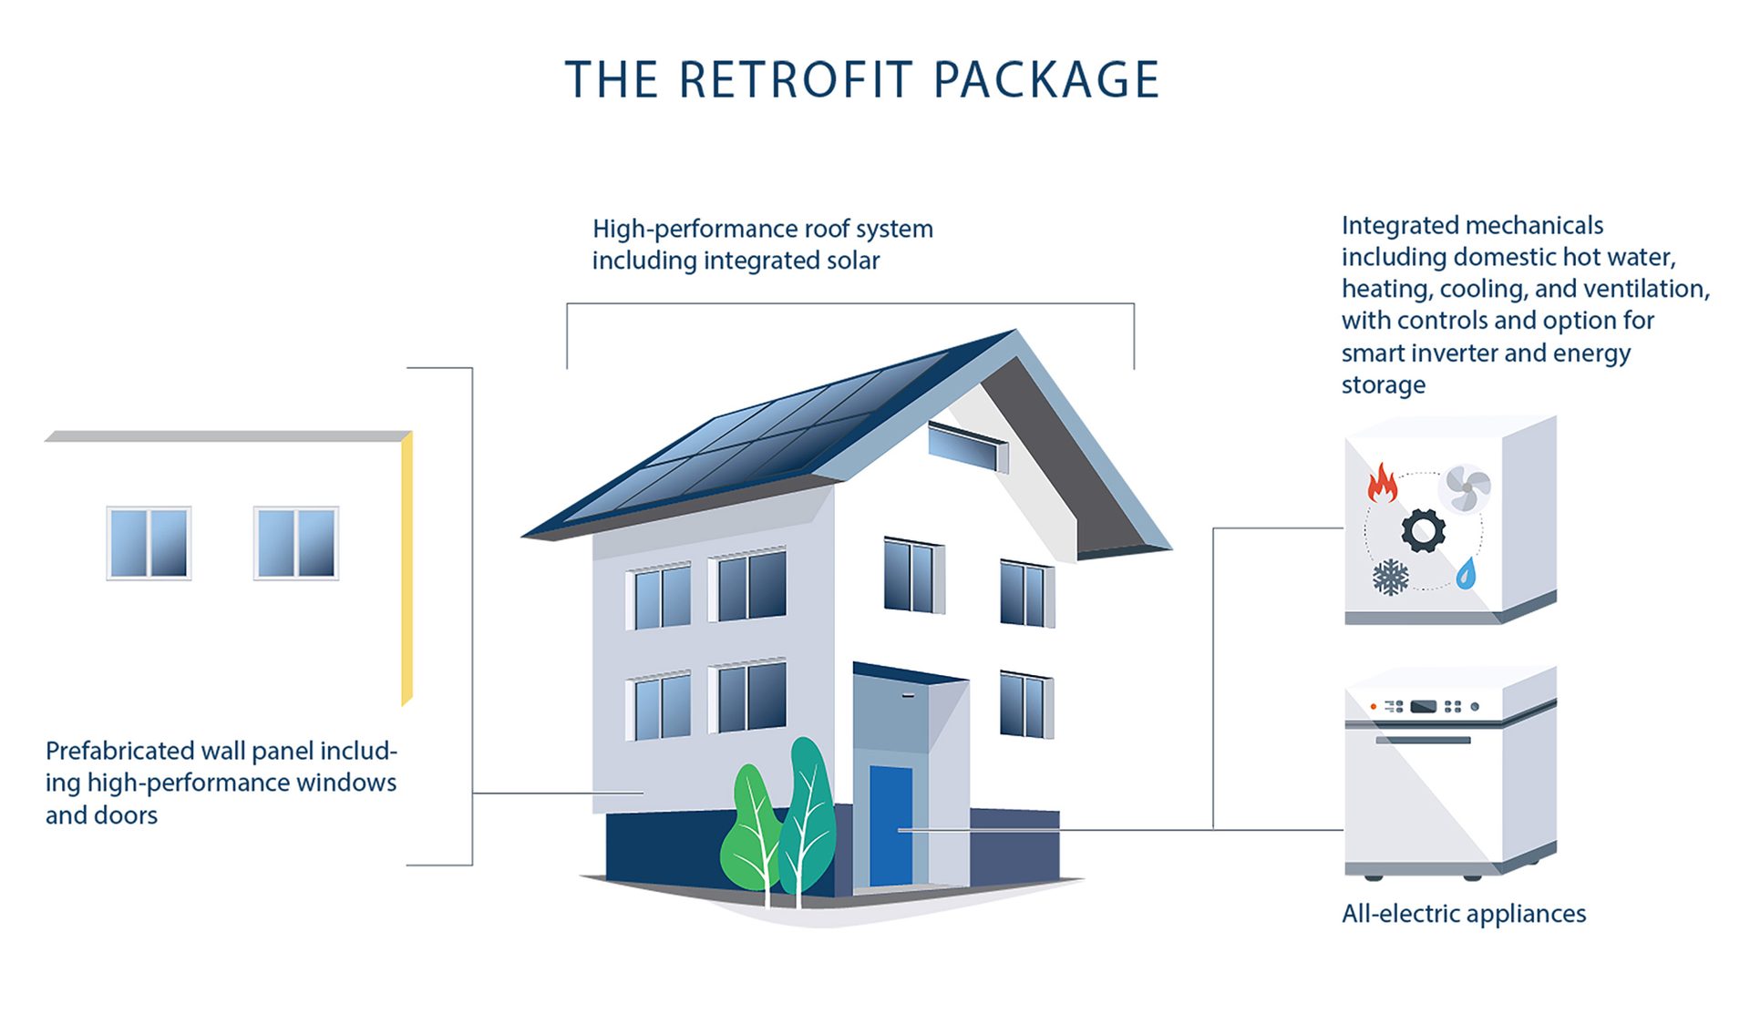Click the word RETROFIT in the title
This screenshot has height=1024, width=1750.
click(x=795, y=80)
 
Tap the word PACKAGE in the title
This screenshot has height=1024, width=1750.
click(x=1046, y=80)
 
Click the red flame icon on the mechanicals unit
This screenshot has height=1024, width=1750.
click(x=1383, y=483)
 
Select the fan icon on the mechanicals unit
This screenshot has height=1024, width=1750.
click(x=1465, y=489)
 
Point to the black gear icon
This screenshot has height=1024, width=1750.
click(x=1423, y=531)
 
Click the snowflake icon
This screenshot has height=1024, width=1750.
click(x=1390, y=578)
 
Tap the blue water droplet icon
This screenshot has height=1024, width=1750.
click(x=1466, y=573)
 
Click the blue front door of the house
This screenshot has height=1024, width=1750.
click(x=890, y=825)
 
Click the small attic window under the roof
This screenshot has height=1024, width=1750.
click(x=967, y=446)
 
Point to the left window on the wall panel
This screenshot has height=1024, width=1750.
click(x=149, y=543)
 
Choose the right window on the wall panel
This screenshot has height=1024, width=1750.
click(x=296, y=543)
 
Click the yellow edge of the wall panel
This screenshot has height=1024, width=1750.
click(x=407, y=569)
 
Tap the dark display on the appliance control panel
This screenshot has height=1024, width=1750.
click(x=1423, y=706)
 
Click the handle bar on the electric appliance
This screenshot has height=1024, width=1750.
click(x=1423, y=740)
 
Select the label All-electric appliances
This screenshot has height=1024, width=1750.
click(x=1464, y=914)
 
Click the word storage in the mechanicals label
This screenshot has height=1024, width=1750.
click(x=1383, y=385)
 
